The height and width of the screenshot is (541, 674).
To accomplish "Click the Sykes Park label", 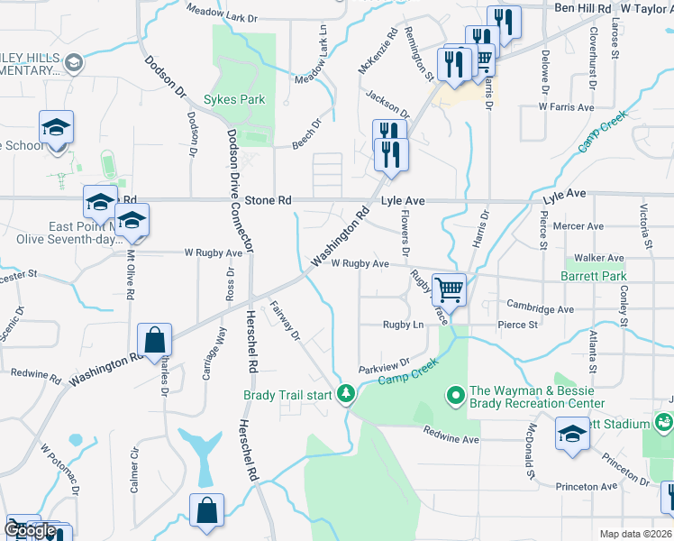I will (x=234, y=99).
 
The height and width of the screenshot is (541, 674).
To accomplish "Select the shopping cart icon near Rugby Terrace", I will (x=449, y=291).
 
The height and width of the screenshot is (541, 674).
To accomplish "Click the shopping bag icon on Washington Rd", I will (x=155, y=342).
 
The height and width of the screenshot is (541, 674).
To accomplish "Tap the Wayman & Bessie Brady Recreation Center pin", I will (x=456, y=394).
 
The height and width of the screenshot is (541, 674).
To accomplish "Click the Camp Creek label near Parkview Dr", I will (x=407, y=372).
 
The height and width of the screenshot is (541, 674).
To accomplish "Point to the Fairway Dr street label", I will (x=286, y=321).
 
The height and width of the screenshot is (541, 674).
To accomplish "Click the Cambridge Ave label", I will (x=540, y=307).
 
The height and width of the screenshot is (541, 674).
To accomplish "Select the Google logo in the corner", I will (x=30, y=530).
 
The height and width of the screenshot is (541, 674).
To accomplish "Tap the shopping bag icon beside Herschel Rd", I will (x=206, y=509).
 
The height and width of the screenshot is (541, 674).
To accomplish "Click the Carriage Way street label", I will (x=213, y=344).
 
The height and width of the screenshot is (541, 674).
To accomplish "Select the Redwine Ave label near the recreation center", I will (x=451, y=437).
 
